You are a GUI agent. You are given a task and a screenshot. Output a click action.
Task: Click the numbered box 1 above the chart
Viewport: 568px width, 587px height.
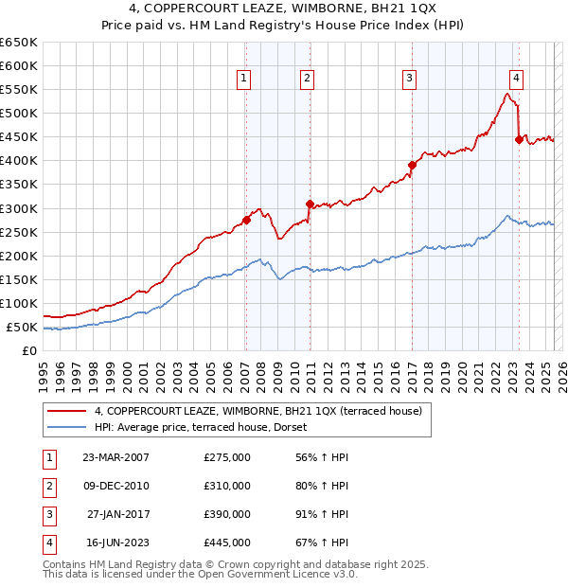click(x=244, y=79)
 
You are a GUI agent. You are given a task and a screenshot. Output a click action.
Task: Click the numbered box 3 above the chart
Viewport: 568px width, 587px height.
click(x=409, y=79)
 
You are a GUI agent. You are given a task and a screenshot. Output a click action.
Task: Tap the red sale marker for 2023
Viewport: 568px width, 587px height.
click(x=519, y=139)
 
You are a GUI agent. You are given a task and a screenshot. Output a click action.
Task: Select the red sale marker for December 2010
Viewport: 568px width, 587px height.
click(x=310, y=204)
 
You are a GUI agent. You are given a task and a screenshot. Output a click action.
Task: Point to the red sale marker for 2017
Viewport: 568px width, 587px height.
click(x=412, y=165)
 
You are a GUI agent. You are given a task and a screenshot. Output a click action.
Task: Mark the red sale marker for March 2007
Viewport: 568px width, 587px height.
click(x=246, y=220)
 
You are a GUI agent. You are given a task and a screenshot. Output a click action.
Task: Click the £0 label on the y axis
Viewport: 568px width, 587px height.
click(x=29, y=350)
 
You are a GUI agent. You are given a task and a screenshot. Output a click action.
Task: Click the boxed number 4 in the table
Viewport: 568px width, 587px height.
click(x=48, y=543)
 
